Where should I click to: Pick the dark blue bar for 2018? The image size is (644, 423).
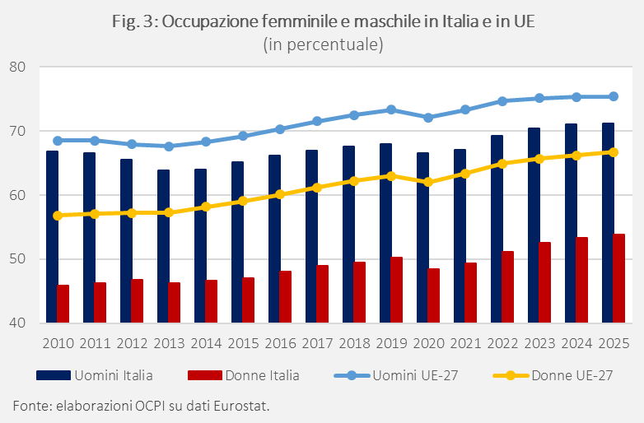[x=348, y=235]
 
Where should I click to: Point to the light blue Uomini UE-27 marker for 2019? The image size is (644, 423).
[x=391, y=109]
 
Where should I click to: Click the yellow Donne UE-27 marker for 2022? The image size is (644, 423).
[x=502, y=163]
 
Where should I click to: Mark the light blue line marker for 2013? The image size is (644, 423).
[x=169, y=146]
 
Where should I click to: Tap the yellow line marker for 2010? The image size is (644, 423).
[x=58, y=216]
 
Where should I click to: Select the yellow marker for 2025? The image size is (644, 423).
[x=614, y=151]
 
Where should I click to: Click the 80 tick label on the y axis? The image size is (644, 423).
[x=18, y=67]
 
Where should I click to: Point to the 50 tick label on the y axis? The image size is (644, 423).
[x=18, y=259]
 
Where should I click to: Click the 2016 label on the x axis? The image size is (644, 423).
[x=280, y=343]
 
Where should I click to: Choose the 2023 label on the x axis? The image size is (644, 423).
[x=539, y=343]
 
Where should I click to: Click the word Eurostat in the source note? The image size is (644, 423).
[x=240, y=406]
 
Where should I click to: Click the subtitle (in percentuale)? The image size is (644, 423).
[x=323, y=44]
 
